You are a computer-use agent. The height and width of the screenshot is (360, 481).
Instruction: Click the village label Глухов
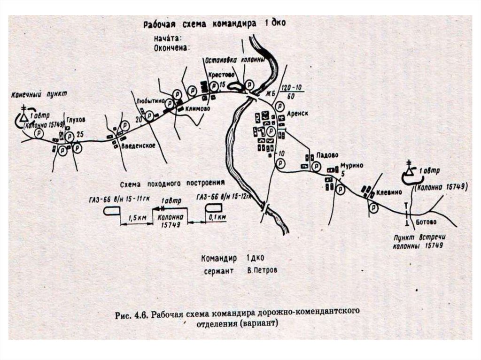(75, 120)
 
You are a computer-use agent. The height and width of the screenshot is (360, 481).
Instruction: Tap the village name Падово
(327, 155)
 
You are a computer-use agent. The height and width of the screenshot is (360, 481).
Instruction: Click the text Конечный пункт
(39, 94)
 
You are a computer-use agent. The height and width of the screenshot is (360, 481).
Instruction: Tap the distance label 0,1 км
(218, 217)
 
